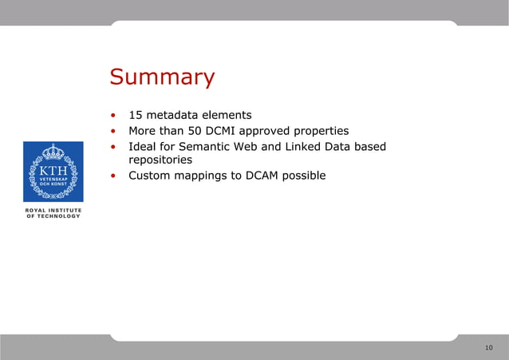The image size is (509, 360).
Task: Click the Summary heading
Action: pyautogui.click(x=162, y=77)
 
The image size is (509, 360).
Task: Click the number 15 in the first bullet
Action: pyautogui.click(x=136, y=115)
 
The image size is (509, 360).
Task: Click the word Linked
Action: pyautogui.click(x=299, y=147)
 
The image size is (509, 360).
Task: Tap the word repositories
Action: pyautogui.click(x=160, y=160)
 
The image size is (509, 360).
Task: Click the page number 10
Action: pyautogui.click(x=488, y=347)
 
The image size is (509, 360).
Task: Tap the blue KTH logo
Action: pyautogui.click(x=53, y=172)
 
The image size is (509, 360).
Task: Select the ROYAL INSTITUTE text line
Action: pyautogui.click(x=53, y=210)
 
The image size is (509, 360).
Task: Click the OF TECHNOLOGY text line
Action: pyautogui.click(x=53, y=216)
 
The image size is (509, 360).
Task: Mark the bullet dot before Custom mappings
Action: pyautogui.click(x=114, y=176)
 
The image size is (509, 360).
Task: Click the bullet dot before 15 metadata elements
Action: pyautogui.click(x=114, y=115)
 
